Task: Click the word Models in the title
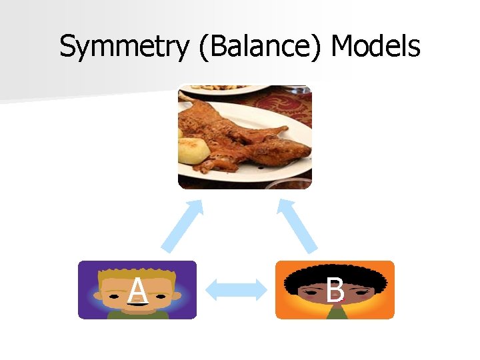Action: [x=375, y=47]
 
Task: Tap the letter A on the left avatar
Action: [x=137, y=291]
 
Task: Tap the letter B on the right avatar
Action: [x=335, y=291]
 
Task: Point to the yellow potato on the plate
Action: [x=193, y=151]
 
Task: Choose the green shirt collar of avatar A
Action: [x=137, y=314]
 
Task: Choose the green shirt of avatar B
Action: [x=335, y=313]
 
